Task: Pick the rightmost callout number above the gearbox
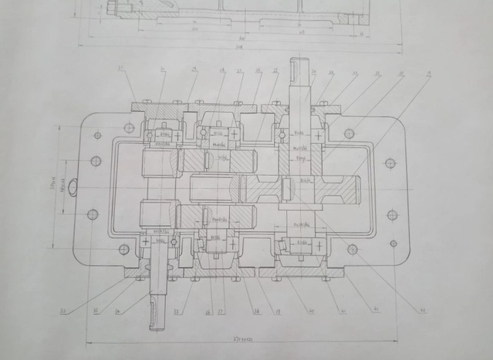click(428, 74)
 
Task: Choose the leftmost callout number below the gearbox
click(62, 311)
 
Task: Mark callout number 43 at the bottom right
click(422, 311)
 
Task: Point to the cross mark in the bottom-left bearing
click(145, 242)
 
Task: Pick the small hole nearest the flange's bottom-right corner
click(393, 244)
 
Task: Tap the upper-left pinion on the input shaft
click(160, 162)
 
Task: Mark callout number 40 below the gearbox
click(311, 311)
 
